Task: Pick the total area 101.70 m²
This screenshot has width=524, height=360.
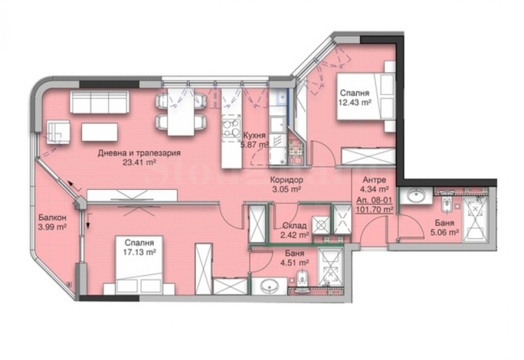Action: pos(375,209)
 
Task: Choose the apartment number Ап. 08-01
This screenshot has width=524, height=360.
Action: pos(373,200)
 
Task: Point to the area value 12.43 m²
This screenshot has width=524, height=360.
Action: pos(354,102)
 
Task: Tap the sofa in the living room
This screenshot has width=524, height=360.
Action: pos(99,103)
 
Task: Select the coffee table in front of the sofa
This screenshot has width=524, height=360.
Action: pos(100,132)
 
